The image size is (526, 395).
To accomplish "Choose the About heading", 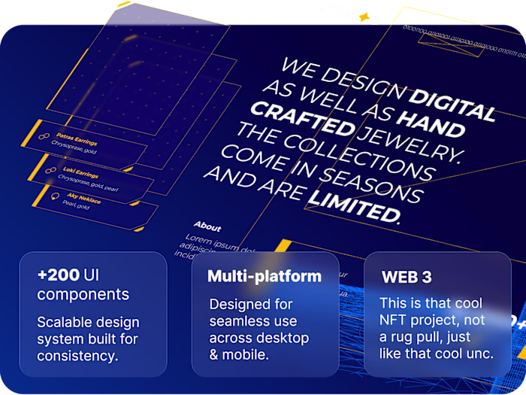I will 207,226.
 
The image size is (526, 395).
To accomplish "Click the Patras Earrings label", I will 76,136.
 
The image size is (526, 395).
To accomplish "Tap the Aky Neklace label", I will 83,199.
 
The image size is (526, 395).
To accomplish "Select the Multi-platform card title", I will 265,276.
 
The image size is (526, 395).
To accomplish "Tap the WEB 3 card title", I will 407,277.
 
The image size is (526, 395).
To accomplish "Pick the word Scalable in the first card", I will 65,322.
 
